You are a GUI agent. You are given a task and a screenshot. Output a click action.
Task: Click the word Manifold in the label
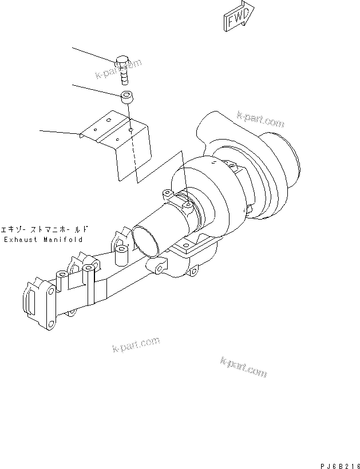click(63, 240)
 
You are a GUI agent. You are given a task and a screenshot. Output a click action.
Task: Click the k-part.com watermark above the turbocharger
click(260, 119)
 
